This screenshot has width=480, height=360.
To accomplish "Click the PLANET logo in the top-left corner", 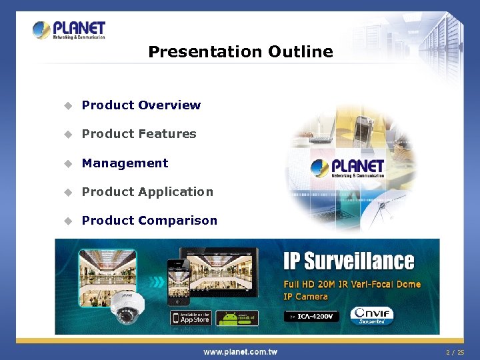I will point(69,30).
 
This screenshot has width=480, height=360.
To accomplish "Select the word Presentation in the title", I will point(205,52).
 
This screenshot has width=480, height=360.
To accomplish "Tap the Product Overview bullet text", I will point(141,105).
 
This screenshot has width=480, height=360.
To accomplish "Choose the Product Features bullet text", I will point(139,134).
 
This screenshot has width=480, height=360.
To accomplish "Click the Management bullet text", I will point(125,163).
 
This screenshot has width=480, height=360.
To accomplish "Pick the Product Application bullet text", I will point(147,192).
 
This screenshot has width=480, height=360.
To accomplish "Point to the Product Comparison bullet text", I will point(149,221).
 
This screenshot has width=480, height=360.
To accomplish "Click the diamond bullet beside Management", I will point(67,163).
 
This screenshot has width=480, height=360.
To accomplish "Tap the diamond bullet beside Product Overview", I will point(67,105).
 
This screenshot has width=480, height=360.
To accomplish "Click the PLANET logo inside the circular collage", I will point(348,167).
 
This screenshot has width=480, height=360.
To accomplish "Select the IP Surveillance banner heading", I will point(348,261).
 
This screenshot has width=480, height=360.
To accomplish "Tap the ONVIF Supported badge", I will point(372,315).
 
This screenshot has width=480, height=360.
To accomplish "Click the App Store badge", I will point(191,318).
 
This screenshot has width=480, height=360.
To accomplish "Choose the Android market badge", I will point(237,318).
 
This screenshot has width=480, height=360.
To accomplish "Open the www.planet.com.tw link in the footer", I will point(240,352).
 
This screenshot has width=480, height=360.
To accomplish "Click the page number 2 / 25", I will point(455,352).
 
